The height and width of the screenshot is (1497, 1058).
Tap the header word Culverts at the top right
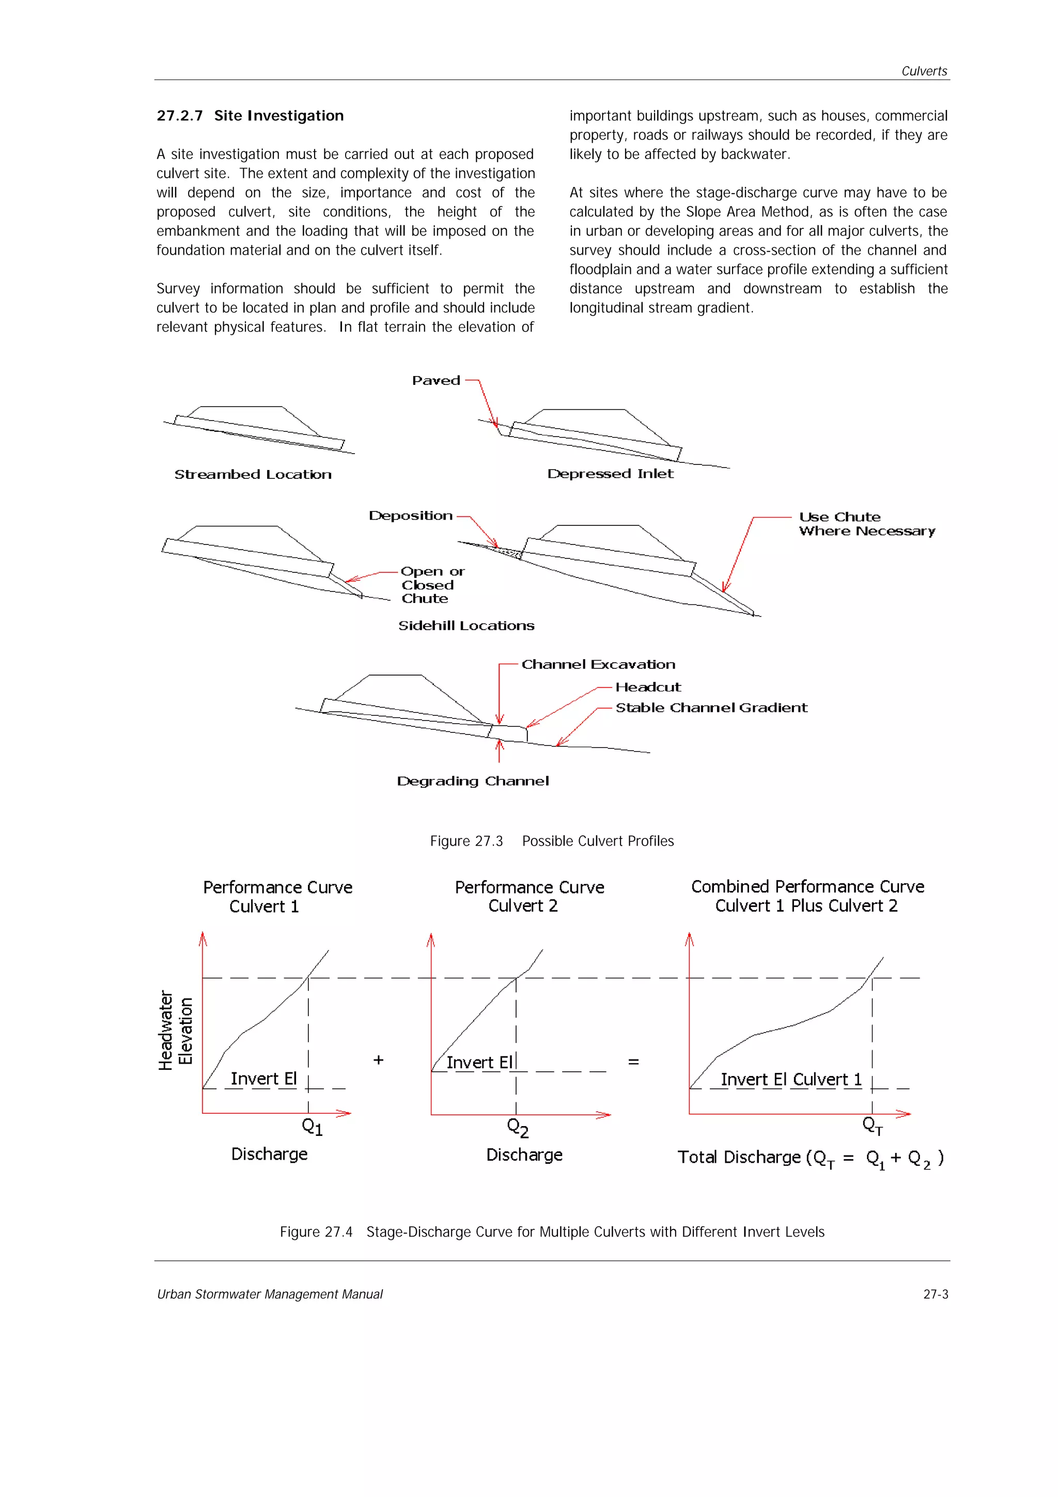click(x=924, y=71)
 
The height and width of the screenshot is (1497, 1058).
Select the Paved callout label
click(x=436, y=381)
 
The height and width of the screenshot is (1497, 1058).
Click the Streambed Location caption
click(x=253, y=475)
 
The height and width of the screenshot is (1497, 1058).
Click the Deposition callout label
click(x=411, y=516)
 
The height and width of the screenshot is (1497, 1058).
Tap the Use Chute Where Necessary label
click(x=866, y=524)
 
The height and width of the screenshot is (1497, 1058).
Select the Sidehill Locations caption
click(x=466, y=626)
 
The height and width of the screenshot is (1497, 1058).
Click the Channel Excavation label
click(x=598, y=664)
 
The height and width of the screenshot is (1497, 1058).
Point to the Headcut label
click(x=648, y=687)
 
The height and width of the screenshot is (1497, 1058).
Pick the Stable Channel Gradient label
click(x=711, y=708)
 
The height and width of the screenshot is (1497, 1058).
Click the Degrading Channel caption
click(x=473, y=781)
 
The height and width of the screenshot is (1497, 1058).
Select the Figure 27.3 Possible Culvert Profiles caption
click(x=552, y=841)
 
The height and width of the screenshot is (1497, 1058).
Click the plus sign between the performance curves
click(x=378, y=1060)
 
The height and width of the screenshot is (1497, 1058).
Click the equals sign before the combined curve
click(x=633, y=1062)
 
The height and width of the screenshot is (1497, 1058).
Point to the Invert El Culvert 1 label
click(x=791, y=1080)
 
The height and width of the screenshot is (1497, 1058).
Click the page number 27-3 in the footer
click(x=935, y=1294)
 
